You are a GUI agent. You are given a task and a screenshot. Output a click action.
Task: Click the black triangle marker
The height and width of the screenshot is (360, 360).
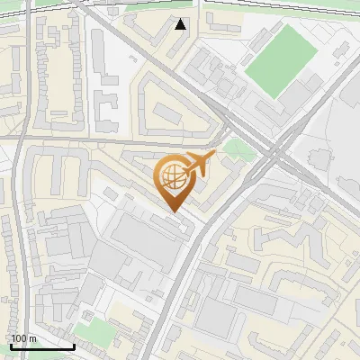pos(182,24)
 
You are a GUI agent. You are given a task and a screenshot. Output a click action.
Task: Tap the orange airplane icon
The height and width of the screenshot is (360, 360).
pos(198,165)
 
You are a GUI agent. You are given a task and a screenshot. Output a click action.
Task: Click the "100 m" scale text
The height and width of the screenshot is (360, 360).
pos(24,338)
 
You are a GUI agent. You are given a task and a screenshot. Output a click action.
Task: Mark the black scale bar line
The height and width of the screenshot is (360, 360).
pos(42,346)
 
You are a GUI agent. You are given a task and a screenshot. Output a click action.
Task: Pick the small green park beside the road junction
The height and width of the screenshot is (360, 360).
pos(237,148)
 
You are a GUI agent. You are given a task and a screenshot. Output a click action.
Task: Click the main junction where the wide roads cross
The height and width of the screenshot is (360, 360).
pos(269,153)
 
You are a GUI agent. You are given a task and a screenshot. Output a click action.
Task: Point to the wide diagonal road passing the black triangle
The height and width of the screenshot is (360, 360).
pos(153,54)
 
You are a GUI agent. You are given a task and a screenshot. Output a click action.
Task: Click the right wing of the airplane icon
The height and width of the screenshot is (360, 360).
pos(202,171)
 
